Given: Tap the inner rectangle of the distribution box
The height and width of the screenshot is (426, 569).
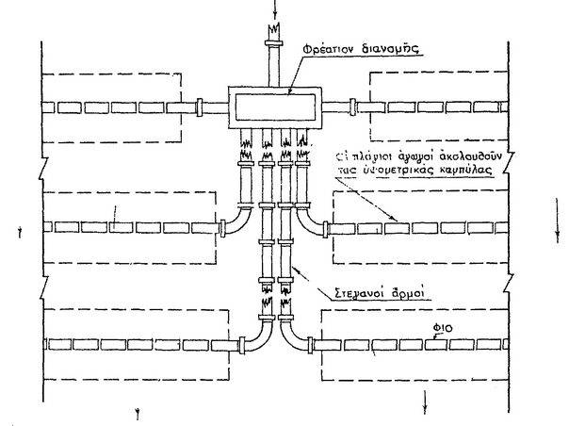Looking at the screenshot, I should (273, 106).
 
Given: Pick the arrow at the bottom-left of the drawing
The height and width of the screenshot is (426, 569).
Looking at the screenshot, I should (139, 411).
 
